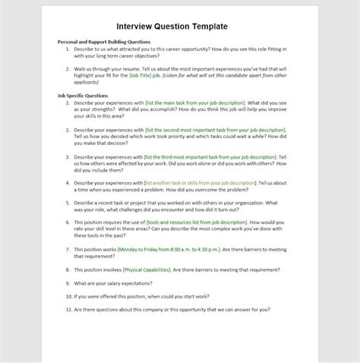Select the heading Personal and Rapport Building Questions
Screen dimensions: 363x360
105,42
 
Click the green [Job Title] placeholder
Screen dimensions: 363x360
147,76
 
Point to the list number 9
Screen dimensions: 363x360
68,283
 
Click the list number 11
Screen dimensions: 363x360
67,309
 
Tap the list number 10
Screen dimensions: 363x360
67,296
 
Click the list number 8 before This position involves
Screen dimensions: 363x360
68,268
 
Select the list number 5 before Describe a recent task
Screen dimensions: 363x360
68,203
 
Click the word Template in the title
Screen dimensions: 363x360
205,26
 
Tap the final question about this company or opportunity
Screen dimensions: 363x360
171,309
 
